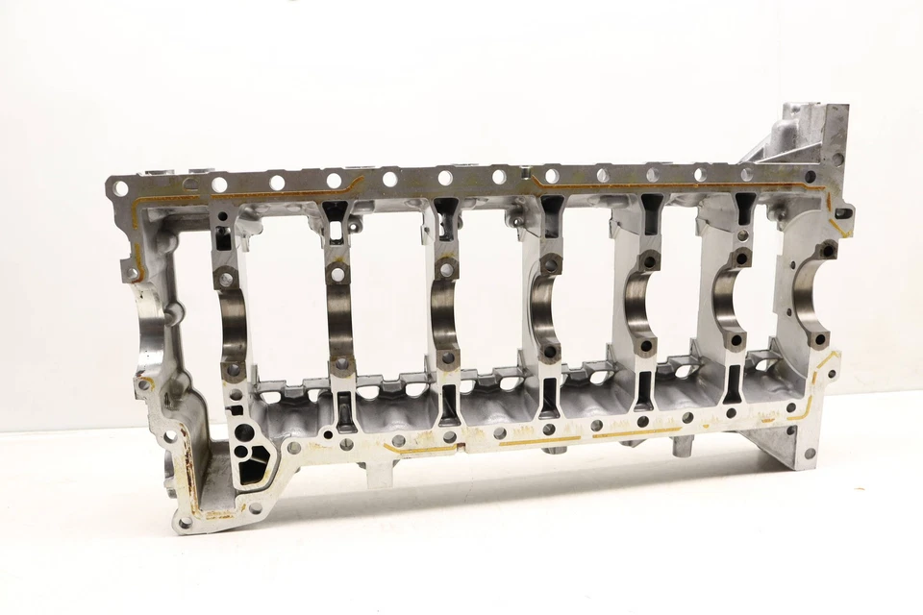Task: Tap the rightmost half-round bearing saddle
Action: [806, 294]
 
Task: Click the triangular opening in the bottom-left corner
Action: [255, 469]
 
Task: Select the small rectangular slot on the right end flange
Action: [843, 212]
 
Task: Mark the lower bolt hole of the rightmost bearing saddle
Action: [821, 339]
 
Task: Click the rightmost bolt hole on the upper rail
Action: [810, 177]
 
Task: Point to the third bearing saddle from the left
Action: [443, 313]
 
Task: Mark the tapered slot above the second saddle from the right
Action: [745, 208]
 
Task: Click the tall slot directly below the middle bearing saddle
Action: [546, 395]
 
